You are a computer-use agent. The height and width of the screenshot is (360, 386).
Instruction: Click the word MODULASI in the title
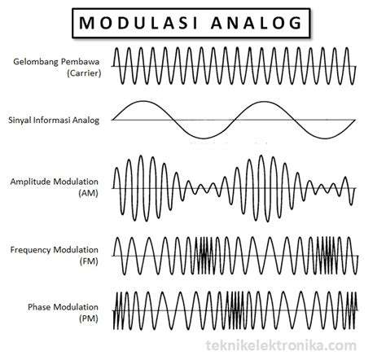click(138, 23)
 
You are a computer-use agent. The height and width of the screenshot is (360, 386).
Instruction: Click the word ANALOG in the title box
click(257, 23)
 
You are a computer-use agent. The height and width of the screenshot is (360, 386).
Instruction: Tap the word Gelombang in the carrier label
click(36, 62)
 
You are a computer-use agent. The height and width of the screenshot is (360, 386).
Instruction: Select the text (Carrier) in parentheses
click(84, 73)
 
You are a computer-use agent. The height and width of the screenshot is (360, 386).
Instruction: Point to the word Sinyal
click(20, 121)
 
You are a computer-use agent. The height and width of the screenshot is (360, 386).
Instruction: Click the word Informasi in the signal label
click(51, 120)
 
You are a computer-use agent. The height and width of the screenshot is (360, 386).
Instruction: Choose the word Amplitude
click(31, 182)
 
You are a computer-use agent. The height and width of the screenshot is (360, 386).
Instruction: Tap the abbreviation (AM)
click(88, 193)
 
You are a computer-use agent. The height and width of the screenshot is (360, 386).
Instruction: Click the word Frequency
click(31, 250)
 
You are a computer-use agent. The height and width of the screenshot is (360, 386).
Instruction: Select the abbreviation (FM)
click(89, 261)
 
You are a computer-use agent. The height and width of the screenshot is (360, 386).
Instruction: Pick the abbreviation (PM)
click(89, 318)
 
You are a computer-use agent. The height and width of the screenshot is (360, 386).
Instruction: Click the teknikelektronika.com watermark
click(281, 345)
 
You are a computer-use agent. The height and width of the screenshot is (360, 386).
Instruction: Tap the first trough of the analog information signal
click(204, 138)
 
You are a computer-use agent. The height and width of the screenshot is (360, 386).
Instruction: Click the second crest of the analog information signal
click(263, 102)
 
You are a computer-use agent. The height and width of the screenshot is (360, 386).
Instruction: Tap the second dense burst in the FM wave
click(328, 256)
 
